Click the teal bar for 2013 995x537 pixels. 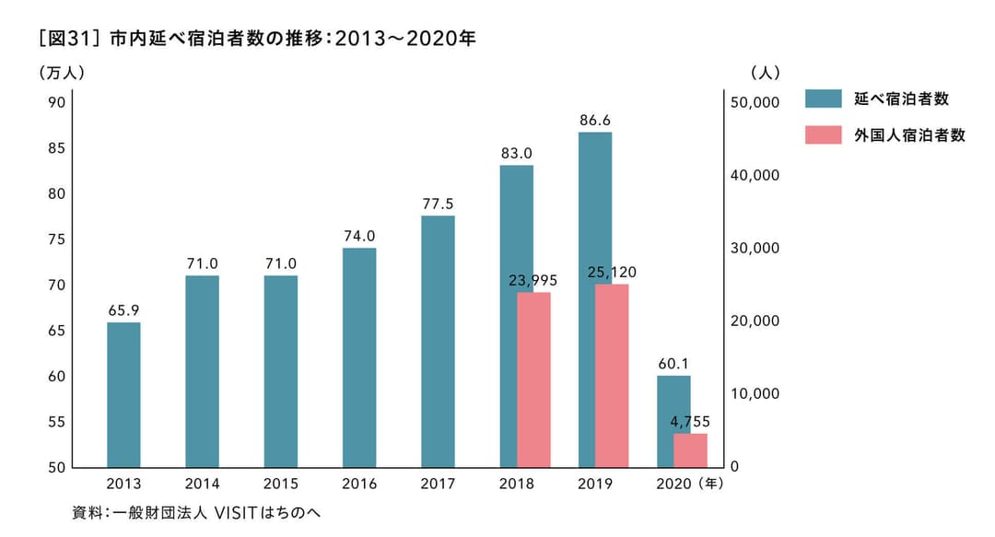pos(123,394)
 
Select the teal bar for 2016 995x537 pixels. pos(359,357)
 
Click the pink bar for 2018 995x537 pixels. pos(533,379)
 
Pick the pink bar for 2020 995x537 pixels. pos(690,450)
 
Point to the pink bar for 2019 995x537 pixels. pos(612,376)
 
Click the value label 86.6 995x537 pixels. pos(595,120)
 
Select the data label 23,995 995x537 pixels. pos(533,280)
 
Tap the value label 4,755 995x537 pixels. pos(690,422)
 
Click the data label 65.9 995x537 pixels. pos(123,310)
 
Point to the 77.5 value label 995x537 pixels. pos(438,204)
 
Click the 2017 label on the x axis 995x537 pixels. pos(438,483)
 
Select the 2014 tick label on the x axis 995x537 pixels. pos(202,483)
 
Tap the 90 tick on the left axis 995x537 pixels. pos(56,102)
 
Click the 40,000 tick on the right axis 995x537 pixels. pos(754,175)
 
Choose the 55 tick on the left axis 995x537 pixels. pos(56,422)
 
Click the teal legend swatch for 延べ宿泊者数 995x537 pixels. pos(823,99)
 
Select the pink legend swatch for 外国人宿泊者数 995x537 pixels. pos(823,135)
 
